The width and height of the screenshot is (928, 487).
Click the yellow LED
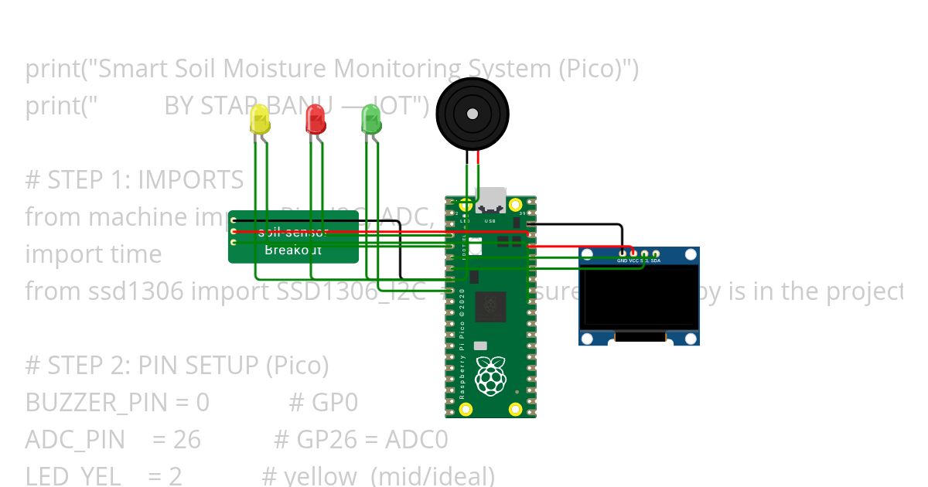click(260, 121)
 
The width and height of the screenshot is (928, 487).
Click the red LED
click(316, 120)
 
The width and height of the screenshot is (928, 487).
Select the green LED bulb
click(371, 120)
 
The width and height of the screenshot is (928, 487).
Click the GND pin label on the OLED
click(623, 261)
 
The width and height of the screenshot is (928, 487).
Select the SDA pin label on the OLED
click(656, 261)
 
